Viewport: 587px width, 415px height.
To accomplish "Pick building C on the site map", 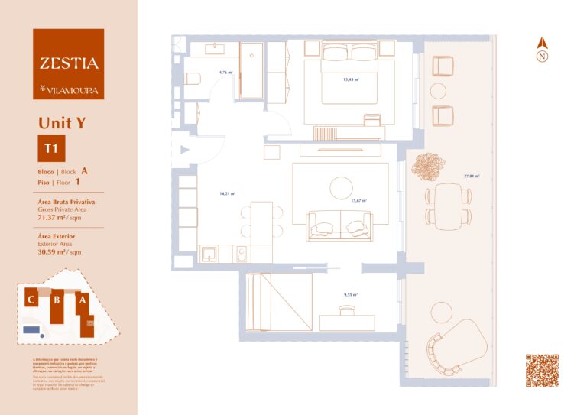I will click(x=31, y=300).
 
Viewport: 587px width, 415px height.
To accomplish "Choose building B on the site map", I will click(x=57, y=300).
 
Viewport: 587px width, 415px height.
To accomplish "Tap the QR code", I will click(x=542, y=371).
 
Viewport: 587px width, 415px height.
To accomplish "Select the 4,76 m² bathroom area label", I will click(x=225, y=73).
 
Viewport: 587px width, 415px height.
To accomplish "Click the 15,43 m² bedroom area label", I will click(x=351, y=79).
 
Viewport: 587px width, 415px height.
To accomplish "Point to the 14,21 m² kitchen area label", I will click(x=227, y=193).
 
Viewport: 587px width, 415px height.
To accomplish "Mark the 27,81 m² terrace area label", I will click(x=472, y=177).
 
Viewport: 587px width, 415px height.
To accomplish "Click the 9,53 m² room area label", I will click(x=351, y=294).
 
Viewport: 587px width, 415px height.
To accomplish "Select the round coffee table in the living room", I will click(x=342, y=187).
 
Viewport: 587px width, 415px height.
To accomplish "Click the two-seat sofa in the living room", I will click(x=339, y=225).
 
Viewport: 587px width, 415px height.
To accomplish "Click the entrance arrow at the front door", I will click(x=183, y=151).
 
